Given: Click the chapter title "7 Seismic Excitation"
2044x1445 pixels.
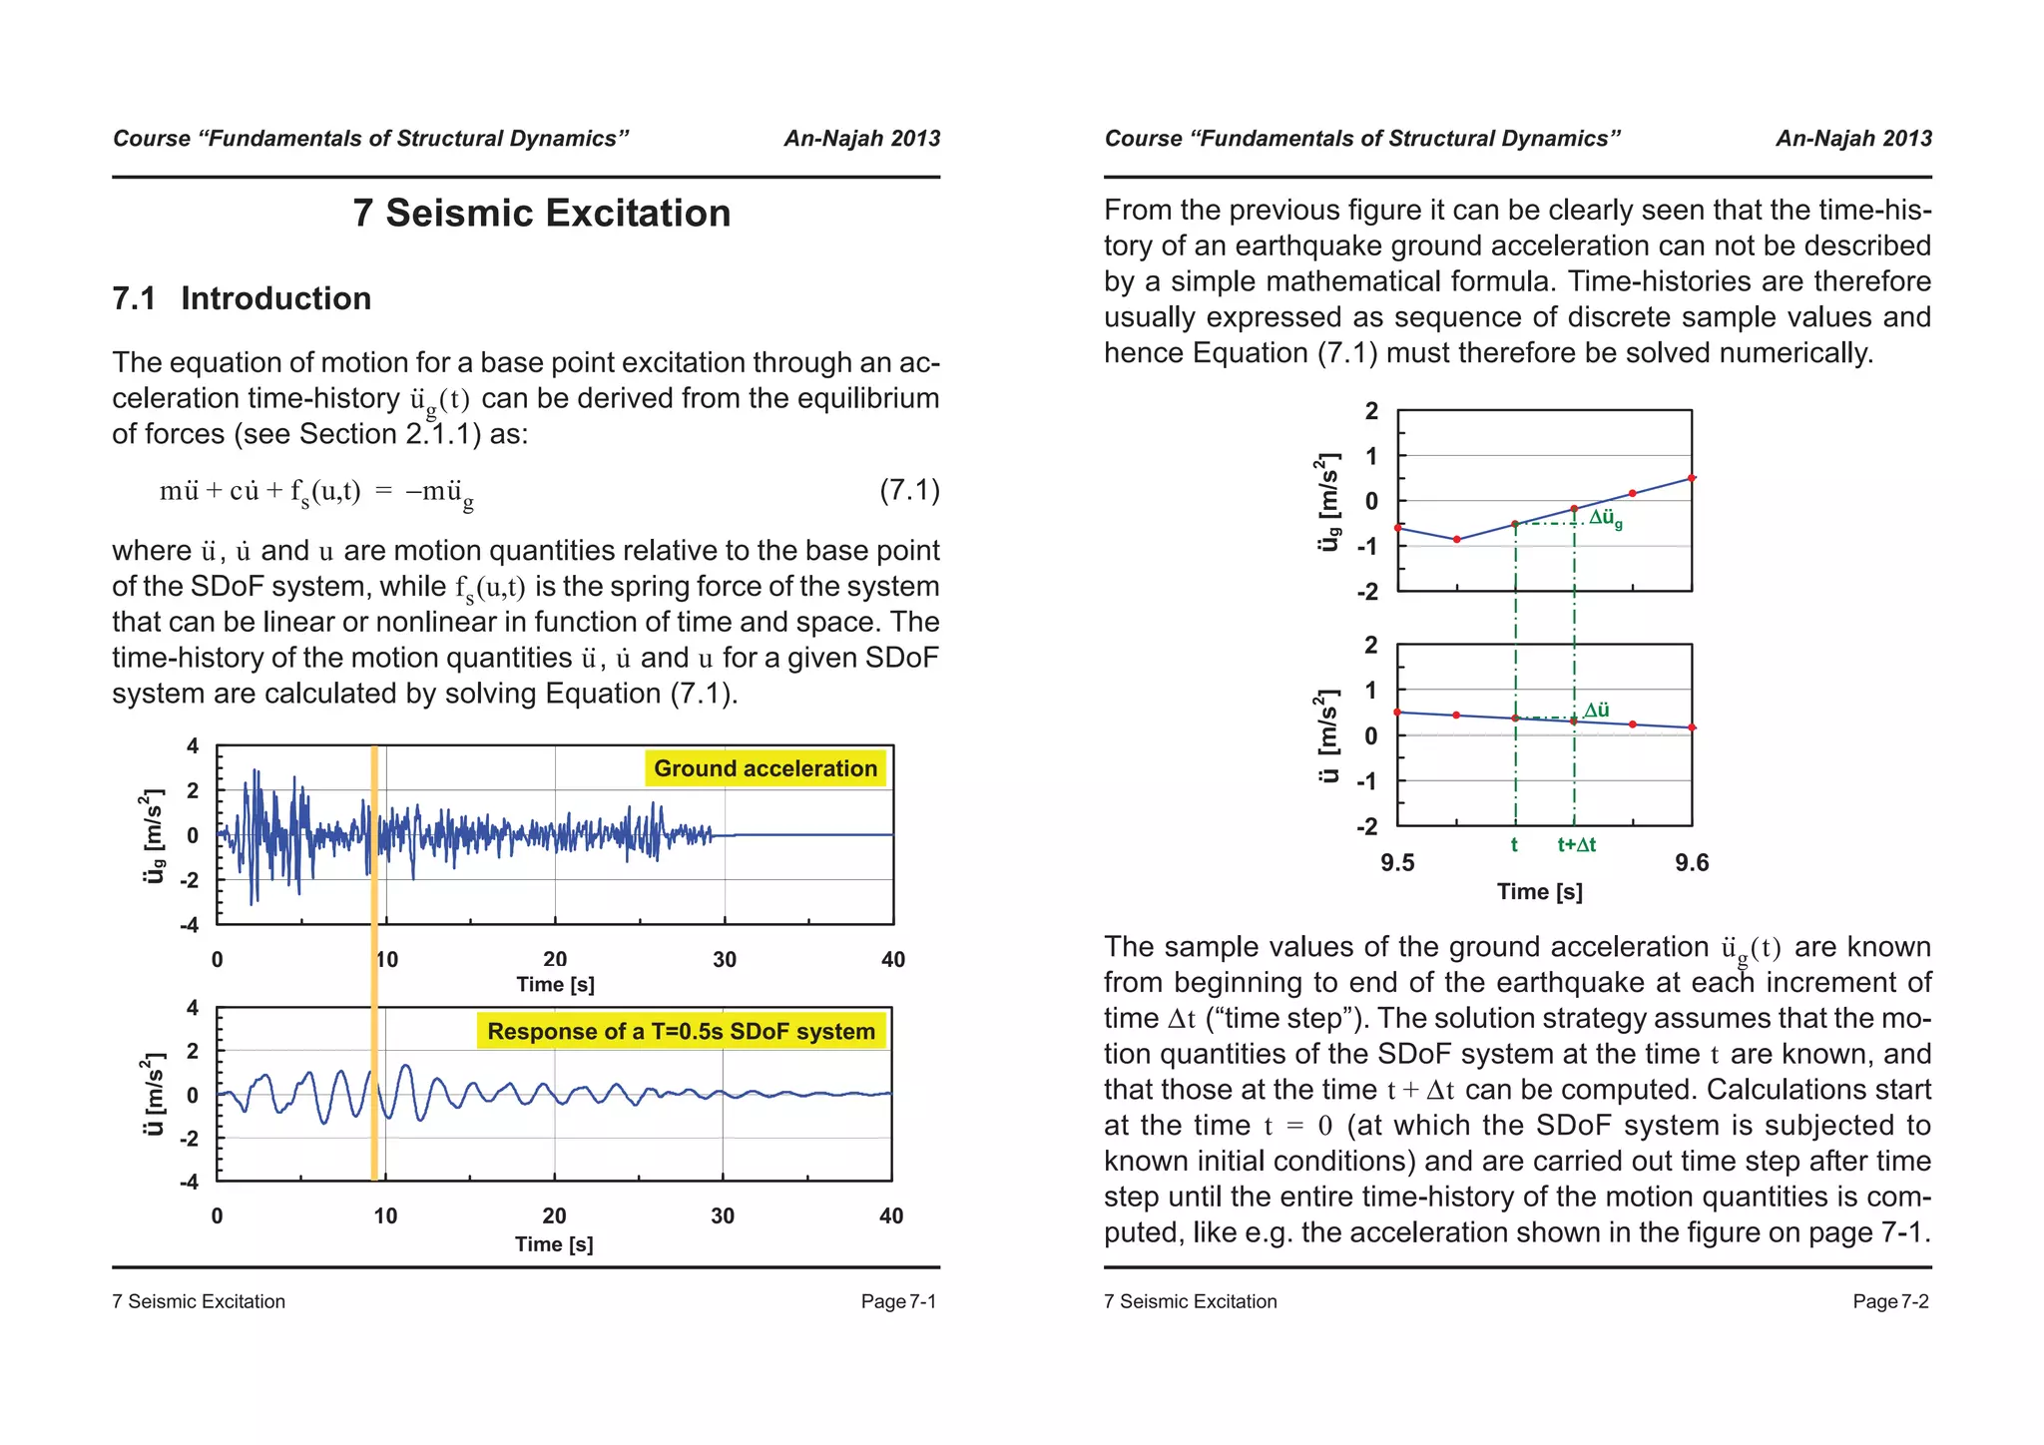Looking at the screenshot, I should [x=541, y=214].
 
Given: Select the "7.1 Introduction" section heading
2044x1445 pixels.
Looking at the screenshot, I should [x=242, y=298].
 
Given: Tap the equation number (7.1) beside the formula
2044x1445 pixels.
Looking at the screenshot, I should [x=909, y=490].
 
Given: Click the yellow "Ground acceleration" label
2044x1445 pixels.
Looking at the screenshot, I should [x=766, y=768].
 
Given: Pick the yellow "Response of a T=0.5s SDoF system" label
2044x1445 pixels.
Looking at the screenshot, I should [x=681, y=1031].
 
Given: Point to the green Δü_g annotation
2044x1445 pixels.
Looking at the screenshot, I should [x=1605, y=518].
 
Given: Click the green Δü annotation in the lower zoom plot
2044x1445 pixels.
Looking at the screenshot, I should [x=1597, y=710].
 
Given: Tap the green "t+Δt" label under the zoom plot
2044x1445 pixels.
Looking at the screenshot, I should [x=1577, y=844].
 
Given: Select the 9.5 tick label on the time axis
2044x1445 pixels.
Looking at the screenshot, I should [x=1397, y=863].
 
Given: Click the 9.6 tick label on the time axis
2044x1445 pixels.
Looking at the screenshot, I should [x=1692, y=863].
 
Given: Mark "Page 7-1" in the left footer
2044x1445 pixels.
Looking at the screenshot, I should [x=898, y=1301].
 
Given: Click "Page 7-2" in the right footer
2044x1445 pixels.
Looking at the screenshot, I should [x=1890, y=1301].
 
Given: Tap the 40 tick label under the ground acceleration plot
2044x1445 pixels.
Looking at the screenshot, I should [x=893, y=960].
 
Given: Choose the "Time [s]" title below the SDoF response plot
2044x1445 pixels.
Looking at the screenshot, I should [x=554, y=1244].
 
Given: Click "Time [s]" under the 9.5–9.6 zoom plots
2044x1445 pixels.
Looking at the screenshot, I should [x=1539, y=892].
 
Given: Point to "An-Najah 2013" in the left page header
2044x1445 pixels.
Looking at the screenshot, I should [x=861, y=139].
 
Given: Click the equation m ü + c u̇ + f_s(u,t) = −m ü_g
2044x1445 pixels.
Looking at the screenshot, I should [x=316, y=492].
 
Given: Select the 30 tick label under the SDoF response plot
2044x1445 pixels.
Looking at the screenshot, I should [x=723, y=1215].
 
